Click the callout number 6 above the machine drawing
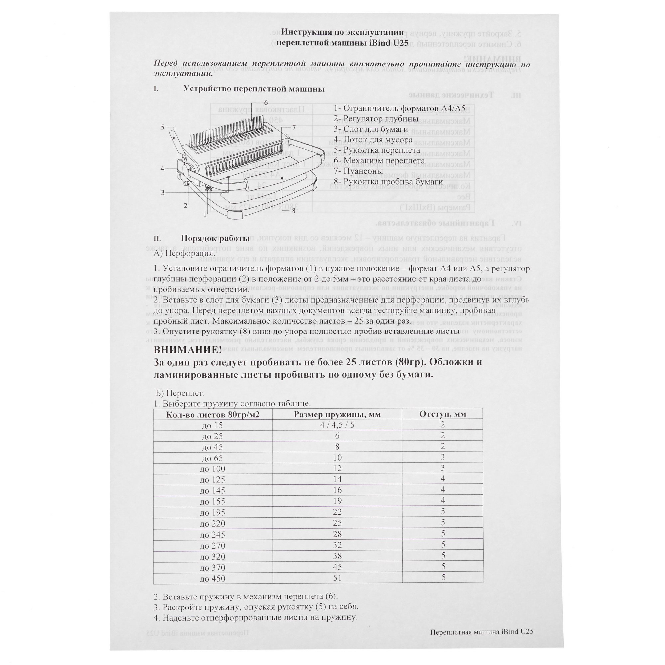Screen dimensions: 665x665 point(266,102)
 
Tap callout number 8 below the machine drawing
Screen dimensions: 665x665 point(294,211)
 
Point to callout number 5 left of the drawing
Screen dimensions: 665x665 point(163,127)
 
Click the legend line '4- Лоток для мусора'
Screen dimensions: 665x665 point(373,140)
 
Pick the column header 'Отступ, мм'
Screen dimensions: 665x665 point(442,414)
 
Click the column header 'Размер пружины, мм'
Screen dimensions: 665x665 point(337,414)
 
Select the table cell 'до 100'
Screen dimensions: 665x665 point(213,469)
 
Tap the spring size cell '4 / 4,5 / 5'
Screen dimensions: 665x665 point(337,425)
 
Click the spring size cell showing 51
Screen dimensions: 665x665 point(337,578)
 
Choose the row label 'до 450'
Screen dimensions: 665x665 point(213,579)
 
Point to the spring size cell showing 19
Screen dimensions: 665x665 point(337,501)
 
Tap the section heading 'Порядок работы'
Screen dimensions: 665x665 point(215,238)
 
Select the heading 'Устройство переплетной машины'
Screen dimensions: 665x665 point(254,89)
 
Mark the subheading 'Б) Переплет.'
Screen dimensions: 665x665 point(180,393)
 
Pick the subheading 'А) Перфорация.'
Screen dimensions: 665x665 point(185,253)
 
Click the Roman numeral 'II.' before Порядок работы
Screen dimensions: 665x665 point(157,239)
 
